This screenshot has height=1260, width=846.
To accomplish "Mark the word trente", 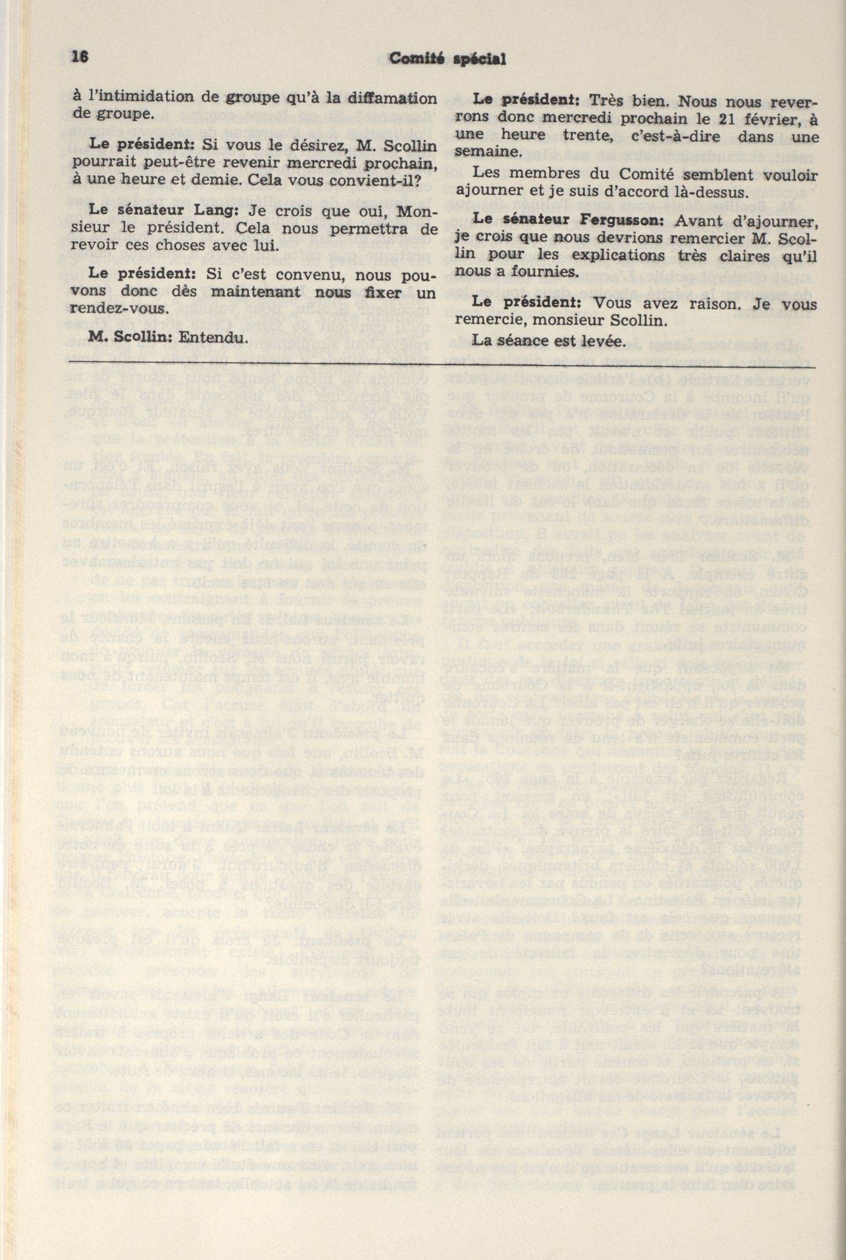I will click(570, 137).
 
